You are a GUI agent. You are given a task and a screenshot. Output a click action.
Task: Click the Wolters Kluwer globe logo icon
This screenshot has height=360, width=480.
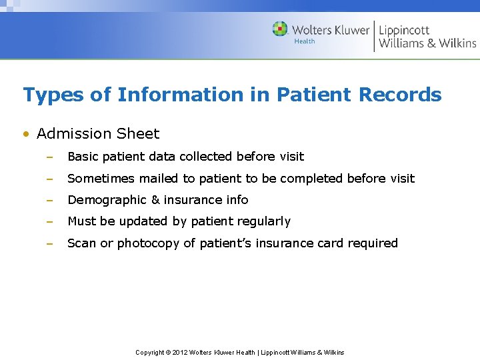280,29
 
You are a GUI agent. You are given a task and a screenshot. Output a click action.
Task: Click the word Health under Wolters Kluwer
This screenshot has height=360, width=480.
305,42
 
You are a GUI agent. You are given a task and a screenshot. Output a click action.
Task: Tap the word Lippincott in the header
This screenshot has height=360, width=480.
404,30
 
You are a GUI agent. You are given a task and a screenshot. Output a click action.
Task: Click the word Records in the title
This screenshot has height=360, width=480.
400,95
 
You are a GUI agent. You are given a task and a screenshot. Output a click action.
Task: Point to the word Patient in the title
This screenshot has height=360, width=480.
313,95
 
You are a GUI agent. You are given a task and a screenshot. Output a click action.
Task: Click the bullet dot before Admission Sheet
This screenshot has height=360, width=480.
26,134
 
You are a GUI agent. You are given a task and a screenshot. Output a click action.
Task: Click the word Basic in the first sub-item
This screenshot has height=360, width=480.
82,157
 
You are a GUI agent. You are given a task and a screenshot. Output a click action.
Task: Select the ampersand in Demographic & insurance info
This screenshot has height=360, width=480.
155,200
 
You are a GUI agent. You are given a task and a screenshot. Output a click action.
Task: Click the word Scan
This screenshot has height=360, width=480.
82,243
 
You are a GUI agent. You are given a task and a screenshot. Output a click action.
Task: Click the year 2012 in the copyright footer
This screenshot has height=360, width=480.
180,352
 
